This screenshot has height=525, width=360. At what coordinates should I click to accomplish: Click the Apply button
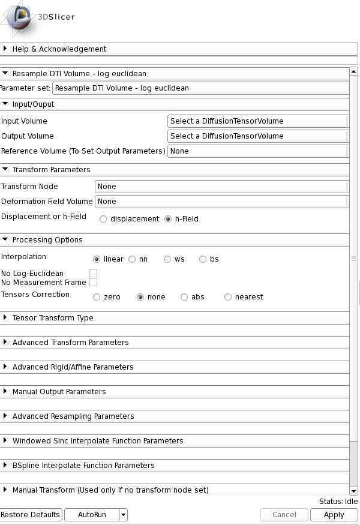[334, 515]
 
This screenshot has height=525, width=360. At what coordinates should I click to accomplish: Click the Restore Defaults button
[31, 515]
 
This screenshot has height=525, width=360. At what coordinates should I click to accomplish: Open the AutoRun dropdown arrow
[123, 515]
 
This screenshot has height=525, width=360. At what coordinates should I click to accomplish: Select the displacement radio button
[103, 219]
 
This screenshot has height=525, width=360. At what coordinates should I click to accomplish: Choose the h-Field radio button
[168, 219]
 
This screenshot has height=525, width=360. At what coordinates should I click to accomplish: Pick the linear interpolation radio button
[97, 259]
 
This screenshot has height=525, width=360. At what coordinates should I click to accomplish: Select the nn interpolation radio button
[132, 259]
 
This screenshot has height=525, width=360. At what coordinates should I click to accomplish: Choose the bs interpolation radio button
[203, 259]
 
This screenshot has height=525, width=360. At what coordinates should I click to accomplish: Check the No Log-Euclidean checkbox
[93, 274]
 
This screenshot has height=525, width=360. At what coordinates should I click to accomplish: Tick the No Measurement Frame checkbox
[93, 283]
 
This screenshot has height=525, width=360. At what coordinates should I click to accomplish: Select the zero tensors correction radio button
[97, 297]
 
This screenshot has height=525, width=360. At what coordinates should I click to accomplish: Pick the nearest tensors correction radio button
[228, 297]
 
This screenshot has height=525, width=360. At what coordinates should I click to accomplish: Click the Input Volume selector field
[257, 121]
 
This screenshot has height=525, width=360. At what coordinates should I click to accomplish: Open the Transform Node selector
[221, 187]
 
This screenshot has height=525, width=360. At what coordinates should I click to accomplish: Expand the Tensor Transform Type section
[53, 318]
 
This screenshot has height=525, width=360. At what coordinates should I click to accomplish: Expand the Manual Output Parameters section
[59, 392]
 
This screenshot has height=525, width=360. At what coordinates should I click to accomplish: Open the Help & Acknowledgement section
[59, 49]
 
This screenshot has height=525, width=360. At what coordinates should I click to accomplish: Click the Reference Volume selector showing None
[257, 151]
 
